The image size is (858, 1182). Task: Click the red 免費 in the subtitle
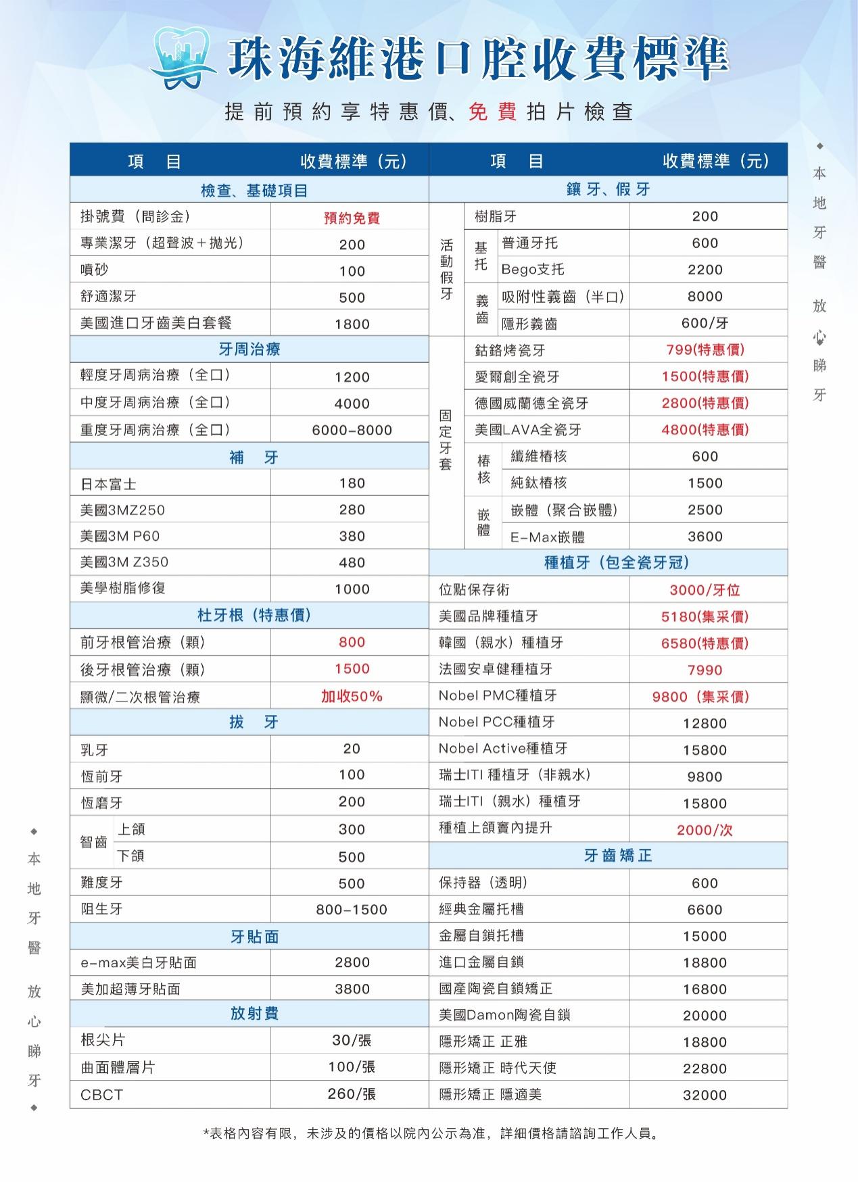point(492,112)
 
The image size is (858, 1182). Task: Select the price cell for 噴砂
point(352,271)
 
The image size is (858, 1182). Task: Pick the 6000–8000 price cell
point(352,430)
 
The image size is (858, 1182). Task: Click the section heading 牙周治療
point(249,349)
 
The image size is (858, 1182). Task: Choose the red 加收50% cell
point(352,696)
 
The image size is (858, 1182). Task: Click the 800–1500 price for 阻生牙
point(352,910)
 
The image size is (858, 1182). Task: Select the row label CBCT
point(102,1095)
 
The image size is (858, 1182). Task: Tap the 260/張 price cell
point(352,1093)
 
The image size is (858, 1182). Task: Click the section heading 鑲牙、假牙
point(608,189)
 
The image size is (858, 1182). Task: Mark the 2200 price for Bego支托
point(705,270)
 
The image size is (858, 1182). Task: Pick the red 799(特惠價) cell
point(705,349)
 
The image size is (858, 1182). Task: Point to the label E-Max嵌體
point(548,537)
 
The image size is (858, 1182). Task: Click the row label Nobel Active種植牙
point(503,749)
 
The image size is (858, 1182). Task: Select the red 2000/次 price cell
point(705,830)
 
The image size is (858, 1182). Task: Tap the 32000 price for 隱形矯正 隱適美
point(705,1095)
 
